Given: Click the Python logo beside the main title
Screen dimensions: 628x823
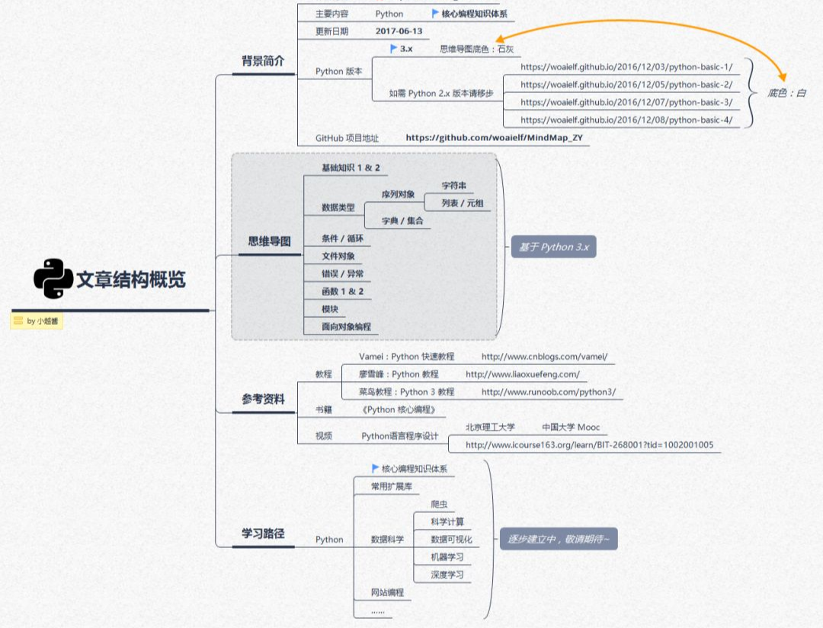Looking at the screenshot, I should (x=53, y=279).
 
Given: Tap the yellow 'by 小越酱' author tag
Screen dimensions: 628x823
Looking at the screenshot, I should (x=37, y=321).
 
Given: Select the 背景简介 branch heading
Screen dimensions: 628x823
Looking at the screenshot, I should (x=262, y=61).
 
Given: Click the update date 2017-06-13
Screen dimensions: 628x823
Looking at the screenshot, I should (x=399, y=31).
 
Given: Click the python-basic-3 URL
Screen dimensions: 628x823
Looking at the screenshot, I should (x=626, y=102).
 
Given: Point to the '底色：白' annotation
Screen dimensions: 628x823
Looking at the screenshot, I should (x=786, y=93).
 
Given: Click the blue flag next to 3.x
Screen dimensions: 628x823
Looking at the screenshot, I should (x=393, y=49).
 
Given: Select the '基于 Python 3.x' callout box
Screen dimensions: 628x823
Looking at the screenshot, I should (x=553, y=247).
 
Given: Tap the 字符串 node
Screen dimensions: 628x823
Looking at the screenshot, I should (x=454, y=185).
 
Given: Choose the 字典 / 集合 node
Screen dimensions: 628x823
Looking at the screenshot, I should (x=402, y=221).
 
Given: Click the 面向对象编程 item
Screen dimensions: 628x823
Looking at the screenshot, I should (x=346, y=326).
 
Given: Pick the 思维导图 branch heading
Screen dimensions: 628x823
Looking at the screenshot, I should (x=269, y=241).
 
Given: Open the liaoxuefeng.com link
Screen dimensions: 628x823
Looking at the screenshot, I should (x=522, y=374).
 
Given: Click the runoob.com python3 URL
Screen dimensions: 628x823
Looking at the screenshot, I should (x=548, y=392).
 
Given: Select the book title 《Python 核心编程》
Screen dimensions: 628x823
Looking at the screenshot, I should (x=399, y=410).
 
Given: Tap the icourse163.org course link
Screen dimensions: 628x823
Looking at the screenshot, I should (x=589, y=445).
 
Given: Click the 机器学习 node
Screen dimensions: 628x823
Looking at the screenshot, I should (x=447, y=557).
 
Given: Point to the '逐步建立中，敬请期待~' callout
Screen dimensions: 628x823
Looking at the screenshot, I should (x=558, y=540).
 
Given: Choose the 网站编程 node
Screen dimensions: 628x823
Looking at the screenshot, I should (x=387, y=592).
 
